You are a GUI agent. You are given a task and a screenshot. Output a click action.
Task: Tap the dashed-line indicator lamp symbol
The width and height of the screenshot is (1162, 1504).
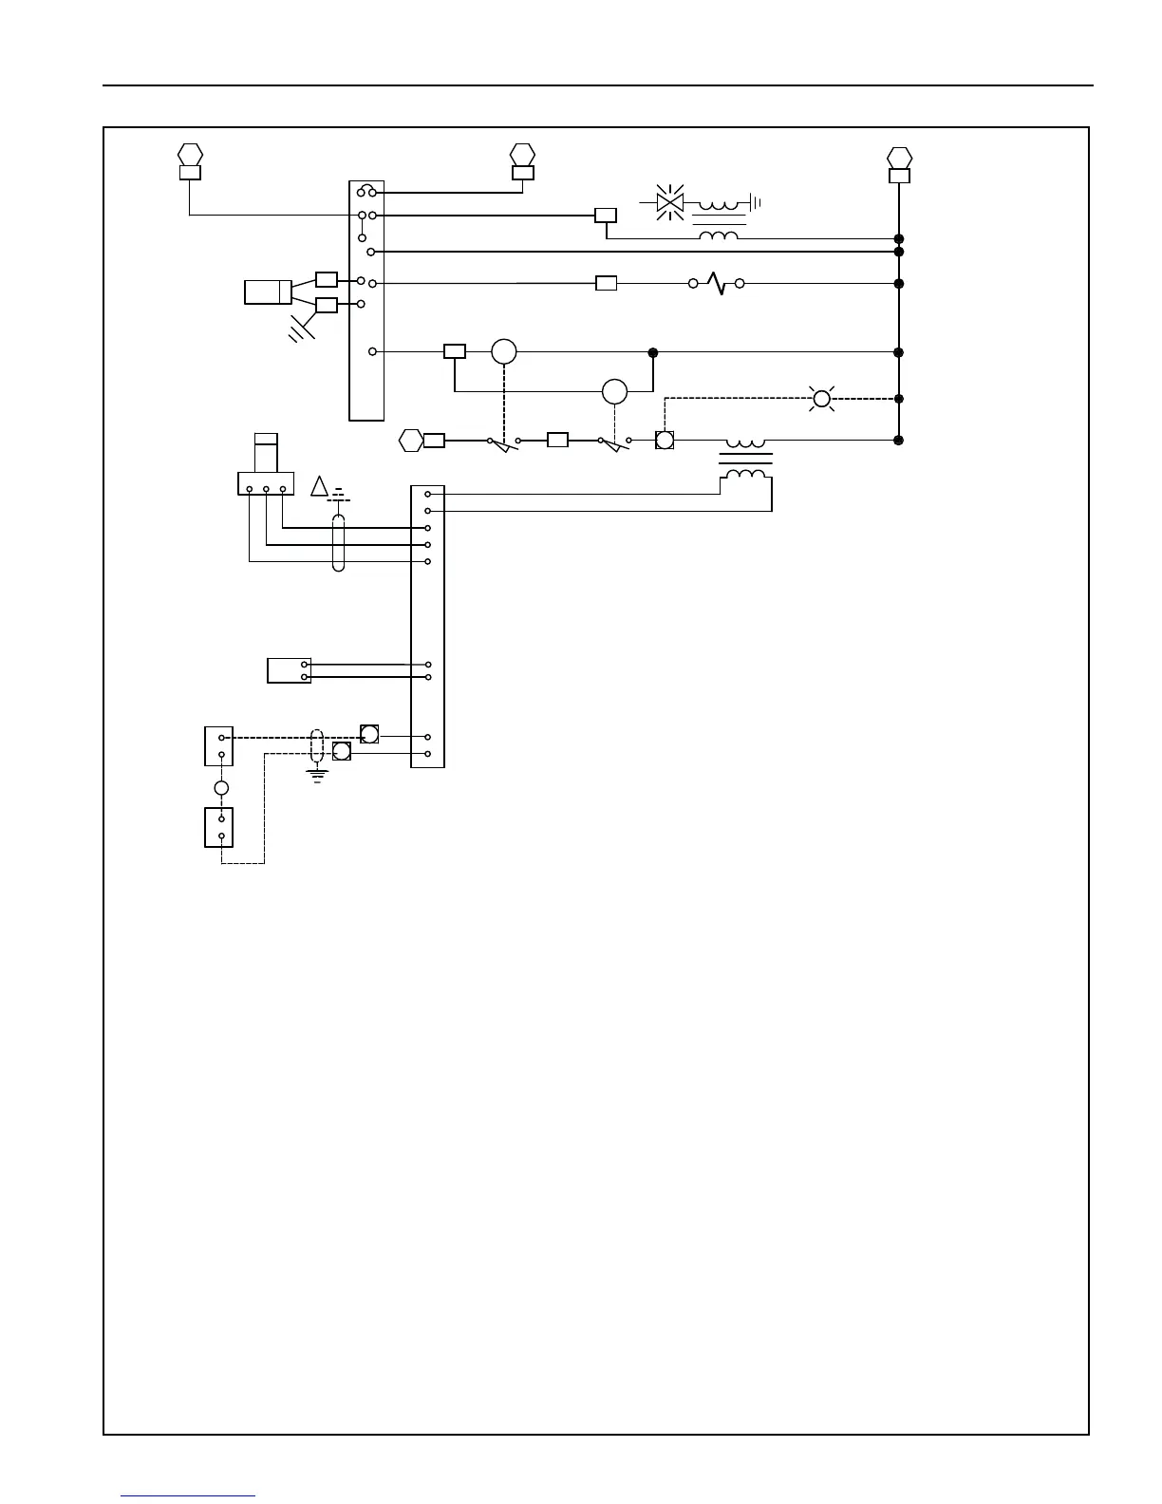point(822,399)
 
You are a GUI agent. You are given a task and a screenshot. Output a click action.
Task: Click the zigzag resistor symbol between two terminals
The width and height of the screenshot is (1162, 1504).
point(717,283)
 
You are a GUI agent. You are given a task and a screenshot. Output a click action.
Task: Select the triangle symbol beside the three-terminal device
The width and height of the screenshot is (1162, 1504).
point(319,488)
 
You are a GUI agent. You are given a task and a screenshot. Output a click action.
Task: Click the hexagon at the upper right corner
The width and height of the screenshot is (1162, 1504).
point(899,157)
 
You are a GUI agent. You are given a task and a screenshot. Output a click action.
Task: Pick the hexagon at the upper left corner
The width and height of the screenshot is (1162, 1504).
point(190,154)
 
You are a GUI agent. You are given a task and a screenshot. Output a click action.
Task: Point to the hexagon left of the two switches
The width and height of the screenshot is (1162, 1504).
point(411,441)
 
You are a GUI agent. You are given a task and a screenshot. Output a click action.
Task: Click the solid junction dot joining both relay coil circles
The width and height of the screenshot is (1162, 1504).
point(652,352)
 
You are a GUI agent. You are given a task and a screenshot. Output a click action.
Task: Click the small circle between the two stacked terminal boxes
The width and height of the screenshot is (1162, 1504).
point(221,788)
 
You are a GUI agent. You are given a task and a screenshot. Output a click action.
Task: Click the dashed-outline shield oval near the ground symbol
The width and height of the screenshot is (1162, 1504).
point(317,745)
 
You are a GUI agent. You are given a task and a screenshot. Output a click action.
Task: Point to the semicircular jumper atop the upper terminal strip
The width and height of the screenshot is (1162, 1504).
point(366,190)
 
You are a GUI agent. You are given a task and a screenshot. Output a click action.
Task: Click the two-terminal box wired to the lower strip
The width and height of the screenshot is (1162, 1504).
point(290,670)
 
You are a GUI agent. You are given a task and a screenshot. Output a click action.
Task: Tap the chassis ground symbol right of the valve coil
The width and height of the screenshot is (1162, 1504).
point(755,202)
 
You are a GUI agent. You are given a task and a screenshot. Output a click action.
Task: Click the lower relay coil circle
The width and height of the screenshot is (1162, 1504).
point(614,390)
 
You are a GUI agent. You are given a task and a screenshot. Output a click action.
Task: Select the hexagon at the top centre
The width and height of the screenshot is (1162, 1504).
point(521,154)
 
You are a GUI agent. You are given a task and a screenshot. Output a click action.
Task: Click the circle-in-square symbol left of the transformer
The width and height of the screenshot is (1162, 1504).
point(665,441)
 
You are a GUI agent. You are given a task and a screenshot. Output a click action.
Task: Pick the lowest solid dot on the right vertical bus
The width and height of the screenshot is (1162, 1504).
point(898,441)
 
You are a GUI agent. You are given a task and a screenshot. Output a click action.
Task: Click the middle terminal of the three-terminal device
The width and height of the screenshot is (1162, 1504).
point(266,490)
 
